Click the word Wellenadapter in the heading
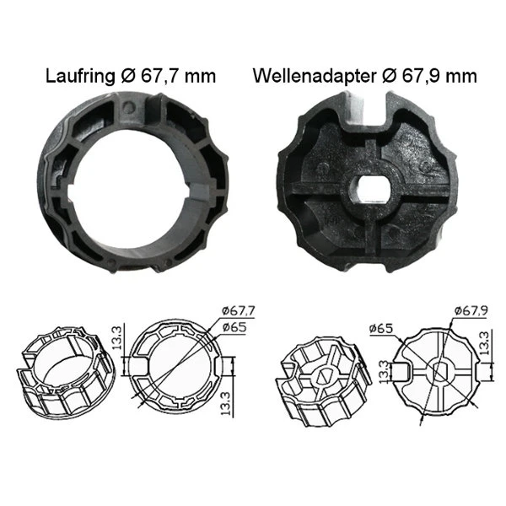[312, 76]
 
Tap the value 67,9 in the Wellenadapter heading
[420, 76]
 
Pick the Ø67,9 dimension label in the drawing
[473, 312]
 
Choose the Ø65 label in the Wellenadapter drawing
[381, 326]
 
